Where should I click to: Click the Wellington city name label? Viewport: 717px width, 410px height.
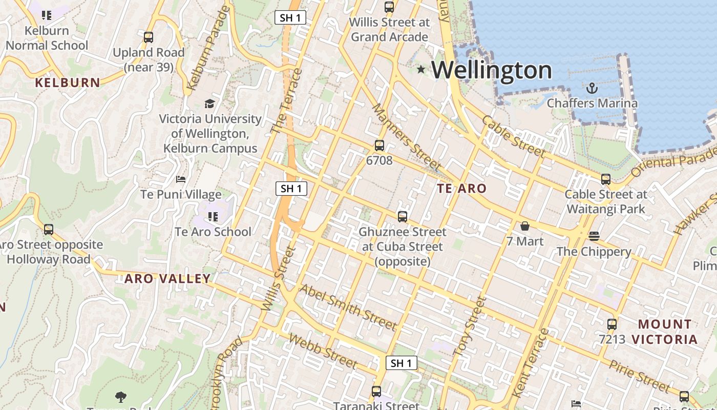click(492, 70)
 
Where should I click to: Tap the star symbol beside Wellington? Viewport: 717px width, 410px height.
click(421, 69)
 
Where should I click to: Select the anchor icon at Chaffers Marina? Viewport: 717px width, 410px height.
click(592, 88)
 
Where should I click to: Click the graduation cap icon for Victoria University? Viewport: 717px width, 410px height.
click(209, 104)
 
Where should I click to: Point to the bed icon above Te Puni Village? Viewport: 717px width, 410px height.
click(181, 179)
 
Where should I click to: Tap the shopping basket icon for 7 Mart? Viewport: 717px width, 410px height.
click(525, 226)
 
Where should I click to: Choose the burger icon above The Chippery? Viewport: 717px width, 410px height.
click(594, 236)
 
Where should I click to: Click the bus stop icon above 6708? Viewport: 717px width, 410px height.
click(379, 146)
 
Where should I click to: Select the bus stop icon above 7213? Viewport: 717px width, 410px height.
click(612, 324)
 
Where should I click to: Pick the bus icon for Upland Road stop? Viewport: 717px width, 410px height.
click(149, 37)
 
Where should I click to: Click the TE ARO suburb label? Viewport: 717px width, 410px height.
click(461, 189)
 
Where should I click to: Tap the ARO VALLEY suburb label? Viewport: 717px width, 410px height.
click(167, 279)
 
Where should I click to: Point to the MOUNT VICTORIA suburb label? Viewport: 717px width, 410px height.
click(664, 332)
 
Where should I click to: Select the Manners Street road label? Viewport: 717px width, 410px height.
click(406, 137)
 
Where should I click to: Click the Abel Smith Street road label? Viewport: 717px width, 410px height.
click(348, 307)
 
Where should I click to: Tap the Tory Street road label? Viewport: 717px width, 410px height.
click(469, 326)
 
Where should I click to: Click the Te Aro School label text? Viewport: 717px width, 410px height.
click(213, 232)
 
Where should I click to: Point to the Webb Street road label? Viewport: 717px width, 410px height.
click(323, 351)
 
